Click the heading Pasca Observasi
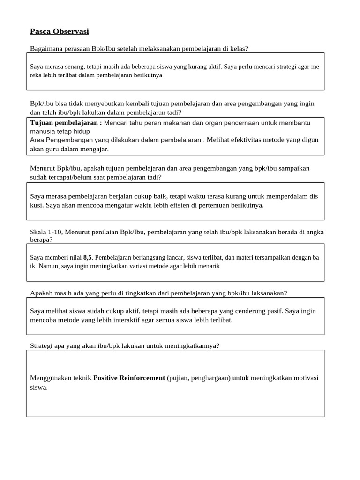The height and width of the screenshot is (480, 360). click(59, 31)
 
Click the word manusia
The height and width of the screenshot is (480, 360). click(42, 131)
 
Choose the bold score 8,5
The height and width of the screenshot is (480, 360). click(88, 257)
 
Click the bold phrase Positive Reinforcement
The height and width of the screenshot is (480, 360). click(129, 378)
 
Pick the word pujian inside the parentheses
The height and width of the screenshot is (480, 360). click(179, 378)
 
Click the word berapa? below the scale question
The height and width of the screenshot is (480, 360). click(41, 240)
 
